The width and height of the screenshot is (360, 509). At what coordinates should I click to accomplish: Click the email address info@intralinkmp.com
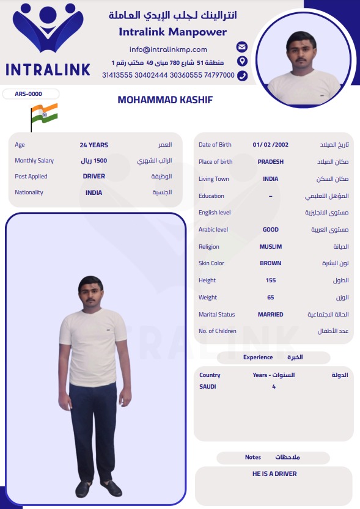[168, 49]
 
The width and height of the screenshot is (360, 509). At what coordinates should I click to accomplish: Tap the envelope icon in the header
[242, 47]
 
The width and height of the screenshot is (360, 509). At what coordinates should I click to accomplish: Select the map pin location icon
[242, 61]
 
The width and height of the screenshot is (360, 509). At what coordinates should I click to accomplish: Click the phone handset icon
[242, 75]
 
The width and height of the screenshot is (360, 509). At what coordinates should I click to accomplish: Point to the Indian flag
[44, 114]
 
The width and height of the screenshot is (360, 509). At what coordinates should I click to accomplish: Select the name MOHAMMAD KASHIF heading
[165, 100]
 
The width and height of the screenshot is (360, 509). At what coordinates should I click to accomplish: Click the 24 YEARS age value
[94, 145]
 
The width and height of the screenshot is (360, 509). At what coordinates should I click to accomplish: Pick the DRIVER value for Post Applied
[94, 176]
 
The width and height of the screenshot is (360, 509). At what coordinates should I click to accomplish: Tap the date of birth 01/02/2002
[270, 145]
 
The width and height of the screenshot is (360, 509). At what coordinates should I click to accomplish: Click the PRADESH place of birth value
[270, 162]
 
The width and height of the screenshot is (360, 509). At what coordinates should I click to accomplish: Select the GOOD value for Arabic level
[270, 230]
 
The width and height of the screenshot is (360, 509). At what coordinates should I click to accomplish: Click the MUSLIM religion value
[270, 247]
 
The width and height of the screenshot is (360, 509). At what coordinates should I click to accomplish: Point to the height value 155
[270, 280]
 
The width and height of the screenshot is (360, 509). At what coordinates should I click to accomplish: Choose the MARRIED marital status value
[270, 315]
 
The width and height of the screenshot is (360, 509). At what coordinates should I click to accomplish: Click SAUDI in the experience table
[208, 387]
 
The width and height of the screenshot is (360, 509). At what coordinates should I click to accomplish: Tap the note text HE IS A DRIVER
[274, 474]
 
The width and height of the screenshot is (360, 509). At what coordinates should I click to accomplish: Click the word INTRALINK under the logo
[48, 70]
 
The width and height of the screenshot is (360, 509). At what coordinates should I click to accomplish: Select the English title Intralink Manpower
[172, 32]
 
